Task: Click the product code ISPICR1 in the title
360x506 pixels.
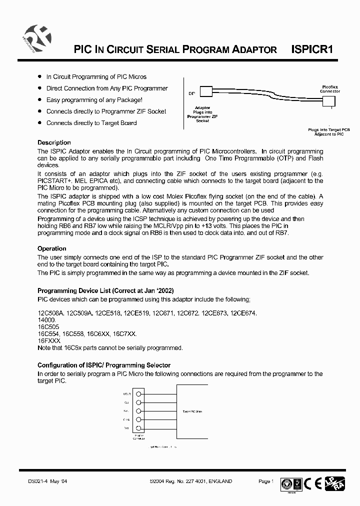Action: click(312, 49)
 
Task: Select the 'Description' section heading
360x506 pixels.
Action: click(54, 142)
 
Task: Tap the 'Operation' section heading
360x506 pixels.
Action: click(51, 248)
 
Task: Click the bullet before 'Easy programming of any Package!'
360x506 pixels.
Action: click(40, 99)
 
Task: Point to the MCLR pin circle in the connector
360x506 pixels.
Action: click(138, 393)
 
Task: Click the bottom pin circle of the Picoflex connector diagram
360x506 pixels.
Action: click(138, 428)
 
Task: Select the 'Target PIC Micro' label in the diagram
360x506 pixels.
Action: click(192, 411)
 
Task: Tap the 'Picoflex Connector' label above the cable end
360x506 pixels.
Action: click(329, 89)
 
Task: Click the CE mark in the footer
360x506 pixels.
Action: click(316, 483)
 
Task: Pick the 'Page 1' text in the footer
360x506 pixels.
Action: click(265, 481)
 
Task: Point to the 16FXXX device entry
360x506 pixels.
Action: click(49, 340)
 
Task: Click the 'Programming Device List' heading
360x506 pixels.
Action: click(105, 291)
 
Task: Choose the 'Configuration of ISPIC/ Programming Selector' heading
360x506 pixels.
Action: click(104, 365)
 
